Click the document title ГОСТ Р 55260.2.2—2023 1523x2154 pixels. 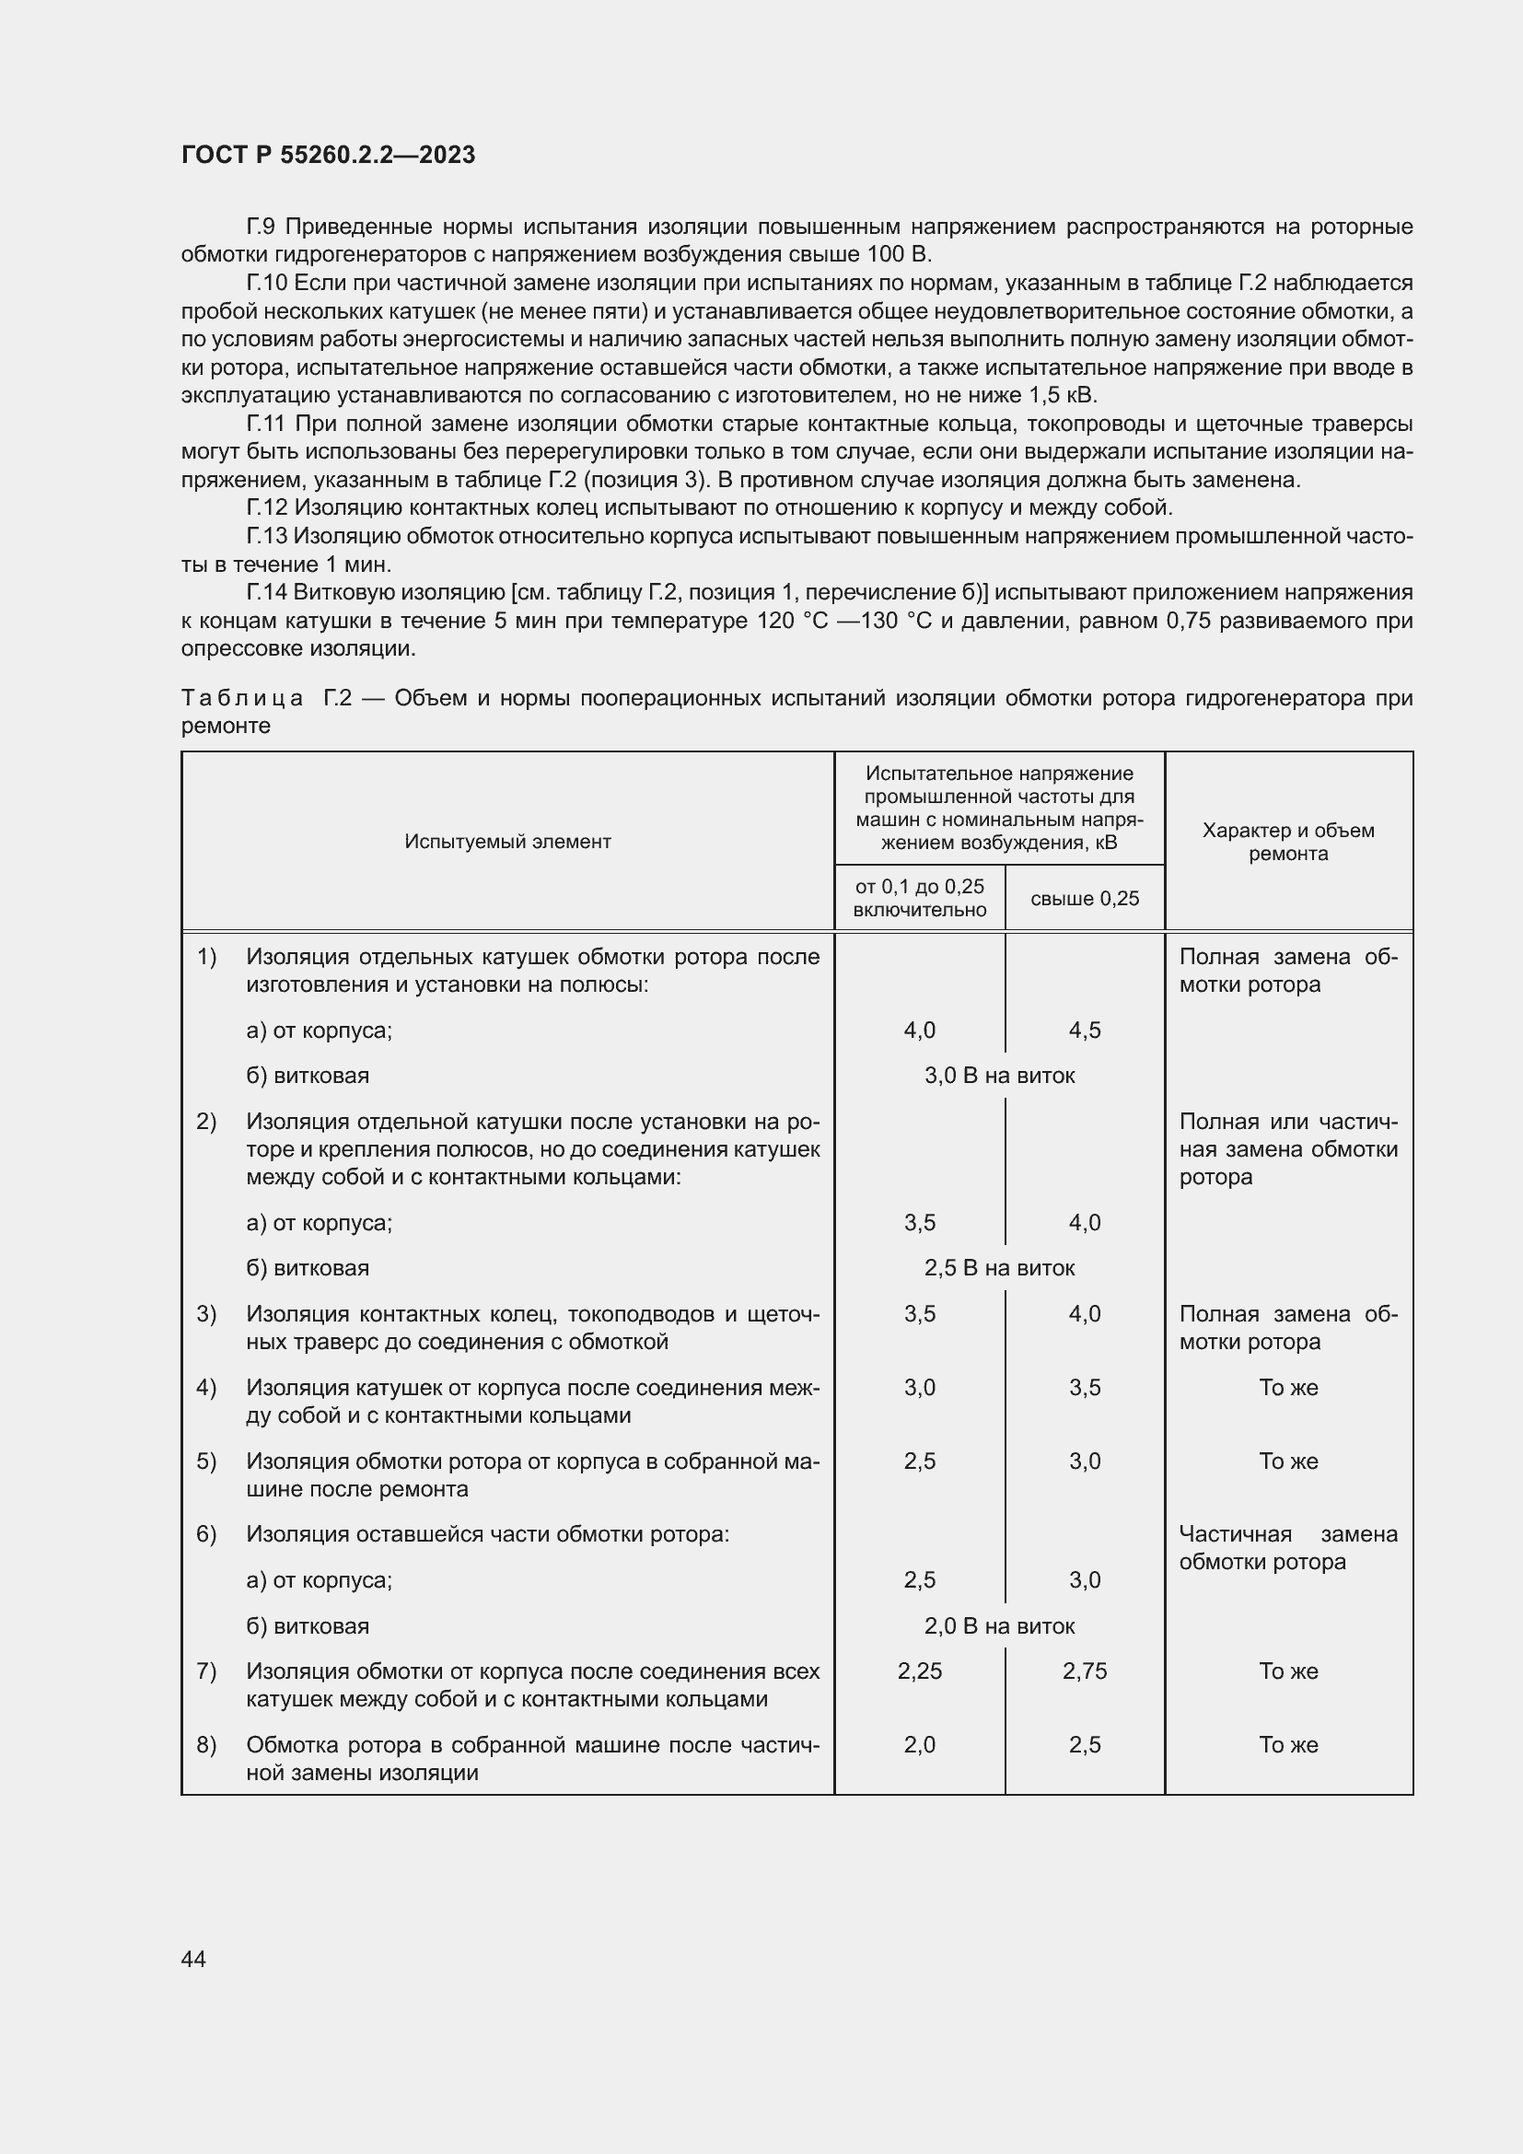pos(328,155)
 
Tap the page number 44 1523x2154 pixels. pos(193,1958)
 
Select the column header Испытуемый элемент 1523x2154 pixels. pos(507,842)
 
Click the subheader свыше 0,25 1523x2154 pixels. pos(1084,899)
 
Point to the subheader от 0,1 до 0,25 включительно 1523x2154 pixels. pos(919,898)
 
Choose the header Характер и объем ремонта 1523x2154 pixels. pos(1287,842)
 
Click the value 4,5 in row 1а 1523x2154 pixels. pos(1084,1030)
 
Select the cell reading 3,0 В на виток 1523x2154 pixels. pos(999,1076)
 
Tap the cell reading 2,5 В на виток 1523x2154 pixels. pos(999,1268)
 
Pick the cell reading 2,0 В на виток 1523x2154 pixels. pos(999,1625)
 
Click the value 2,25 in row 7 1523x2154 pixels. pos(919,1671)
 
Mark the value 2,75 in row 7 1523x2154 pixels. pos(1084,1671)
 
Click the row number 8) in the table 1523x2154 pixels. pos(206,1745)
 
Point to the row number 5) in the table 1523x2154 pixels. pos(206,1461)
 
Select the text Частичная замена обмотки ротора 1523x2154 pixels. pos(1287,1548)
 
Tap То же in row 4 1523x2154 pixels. pos(1287,1388)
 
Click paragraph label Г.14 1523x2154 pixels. pos(266,592)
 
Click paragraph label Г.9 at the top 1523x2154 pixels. pos(261,227)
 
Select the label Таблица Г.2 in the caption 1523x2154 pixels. pos(266,698)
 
